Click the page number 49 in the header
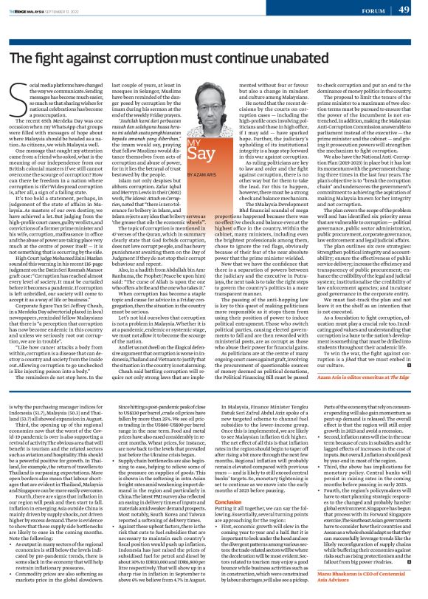tap(404, 9)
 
